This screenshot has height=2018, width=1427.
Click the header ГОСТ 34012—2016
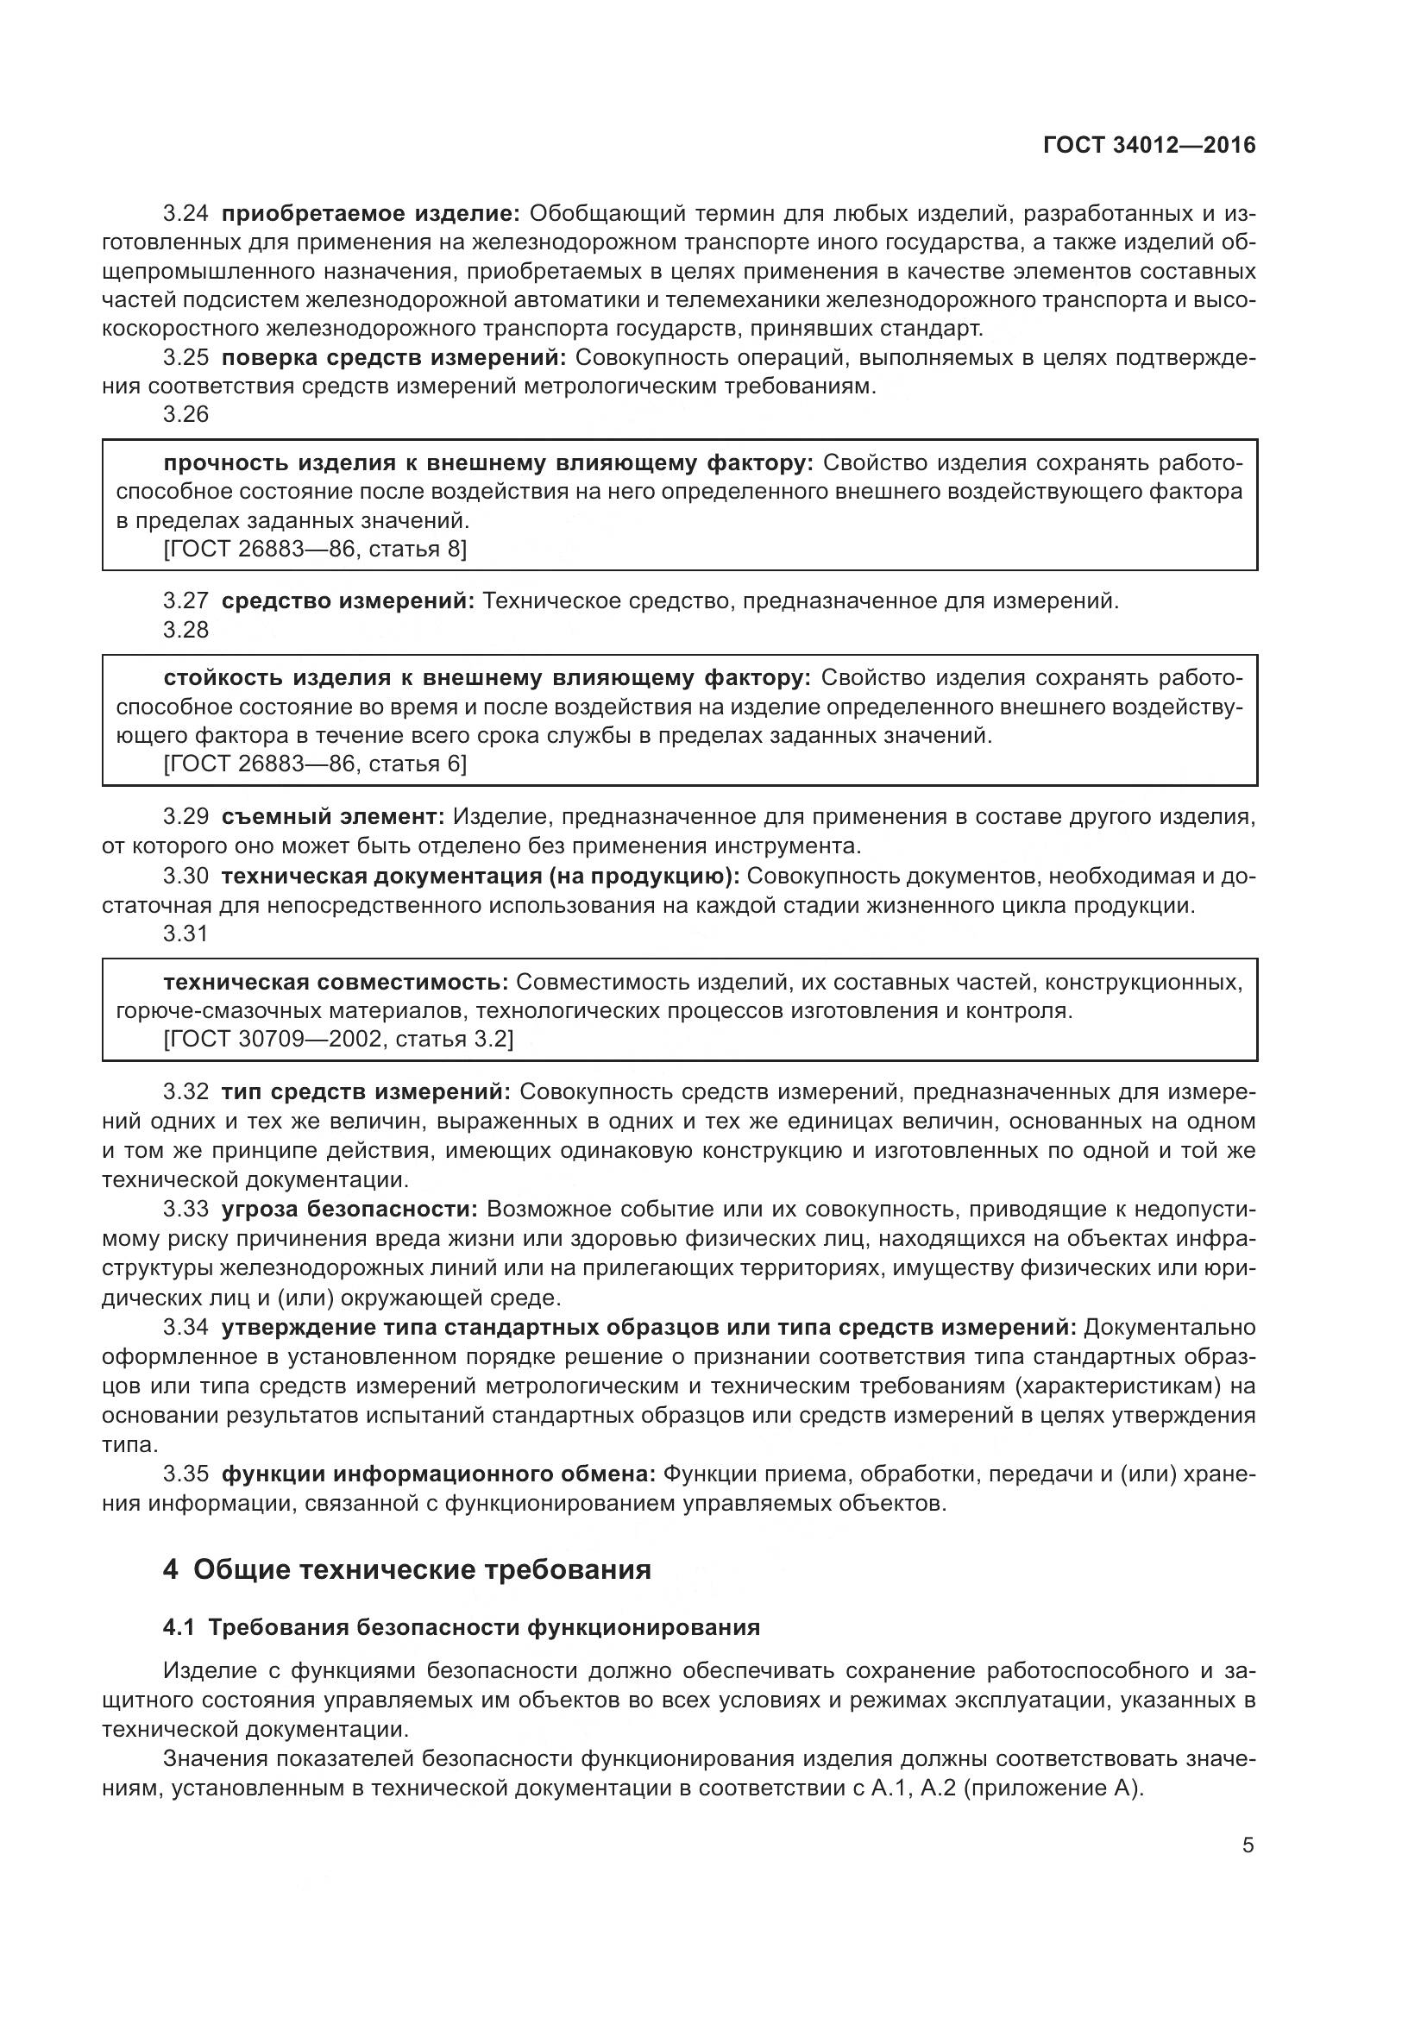point(1149,146)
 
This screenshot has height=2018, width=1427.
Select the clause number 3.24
point(185,214)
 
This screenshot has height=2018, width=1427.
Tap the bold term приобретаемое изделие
point(371,214)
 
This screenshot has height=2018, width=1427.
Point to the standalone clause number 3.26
point(185,415)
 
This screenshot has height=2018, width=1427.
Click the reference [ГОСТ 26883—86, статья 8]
point(316,550)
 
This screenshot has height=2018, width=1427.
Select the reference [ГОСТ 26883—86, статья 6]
point(316,764)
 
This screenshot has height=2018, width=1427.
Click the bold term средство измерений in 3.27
point(348,601)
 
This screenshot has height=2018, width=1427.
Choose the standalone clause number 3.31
point(185,934)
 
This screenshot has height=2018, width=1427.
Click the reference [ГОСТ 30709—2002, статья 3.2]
point(338,1039)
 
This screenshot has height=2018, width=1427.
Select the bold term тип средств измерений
point(366,1091)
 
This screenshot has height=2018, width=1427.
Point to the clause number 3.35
point(185,1474)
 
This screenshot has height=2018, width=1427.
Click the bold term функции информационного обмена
point(438,1474)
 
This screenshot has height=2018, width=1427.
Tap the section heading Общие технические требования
point(422,1569)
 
